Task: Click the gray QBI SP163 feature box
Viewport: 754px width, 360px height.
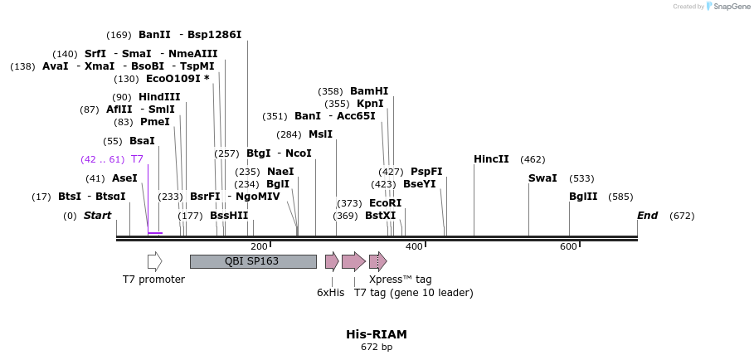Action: pyautogui.click(x=252, y=261)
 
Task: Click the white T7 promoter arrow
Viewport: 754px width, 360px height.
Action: pyautogui.click(x=154, y=261)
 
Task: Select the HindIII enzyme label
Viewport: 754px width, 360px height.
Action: pyautogui.click(x=159, y=97)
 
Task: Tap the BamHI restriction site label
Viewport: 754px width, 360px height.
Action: pyautogui.click(x=369, y=91)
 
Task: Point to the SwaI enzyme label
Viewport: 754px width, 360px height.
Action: pyautogui.click(x=542, y=178)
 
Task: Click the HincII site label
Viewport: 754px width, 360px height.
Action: pyautogui.click(x=491, y=159)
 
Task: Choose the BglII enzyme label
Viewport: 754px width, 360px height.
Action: pyautogui.click(x=583, y=197)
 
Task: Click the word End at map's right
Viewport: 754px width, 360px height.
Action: pyautogui.click(x=647, y=216)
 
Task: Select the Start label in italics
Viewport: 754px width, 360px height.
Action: pyautogui.click(x=97, y=216)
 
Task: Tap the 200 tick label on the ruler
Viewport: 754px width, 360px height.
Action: pyautogui.click(x=259, y=246)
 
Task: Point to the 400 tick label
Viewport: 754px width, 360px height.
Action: pyautogui.click(x=413, y=246)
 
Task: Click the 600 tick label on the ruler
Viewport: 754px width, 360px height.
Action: pyautogui.click(x=568, y=246)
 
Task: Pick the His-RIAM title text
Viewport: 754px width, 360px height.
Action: pyautogui.click(x=377, y=334)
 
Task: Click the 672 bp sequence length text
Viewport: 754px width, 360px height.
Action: pyautogui.click(x=377, y=348)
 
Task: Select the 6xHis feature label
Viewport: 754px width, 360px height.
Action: pyautogui.click(x=330, y=292)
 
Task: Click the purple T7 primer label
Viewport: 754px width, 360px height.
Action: pyautogui.click(x=137, y=159)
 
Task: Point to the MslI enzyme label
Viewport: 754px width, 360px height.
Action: pyautogui.click(x=320, y=134)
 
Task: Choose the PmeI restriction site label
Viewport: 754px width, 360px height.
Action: pyautogui.click(x=154, y=122)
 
